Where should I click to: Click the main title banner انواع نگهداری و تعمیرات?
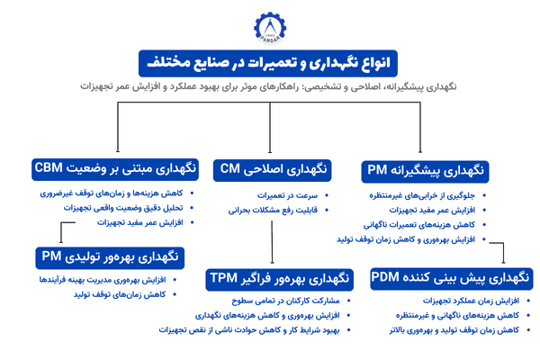pos(269,62)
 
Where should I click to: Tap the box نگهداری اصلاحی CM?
pos(272,169)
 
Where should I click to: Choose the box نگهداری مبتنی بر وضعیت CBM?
pos(114,168)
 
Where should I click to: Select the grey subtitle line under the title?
pos(269,87)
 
